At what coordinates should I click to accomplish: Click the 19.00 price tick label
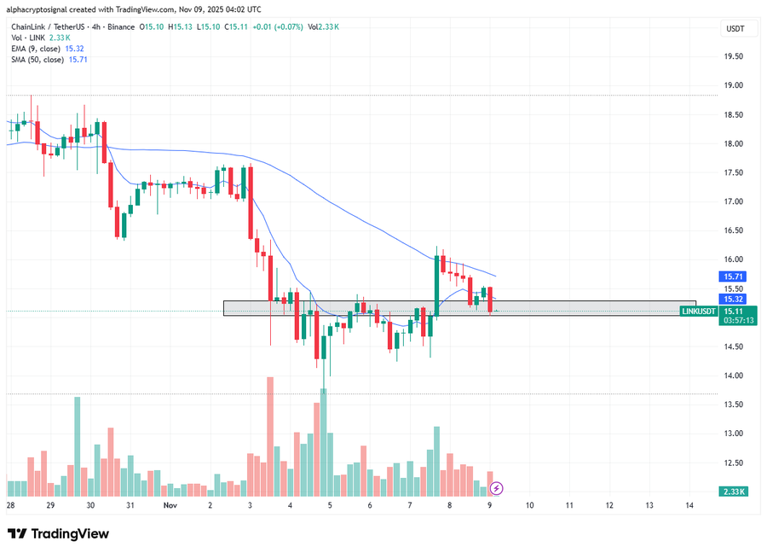pyautogui.click(x=733, y=85)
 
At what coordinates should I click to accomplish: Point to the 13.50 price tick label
pyautogui.click(x=733, y=405)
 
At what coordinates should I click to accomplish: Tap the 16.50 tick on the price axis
pyautogui.click(x=733, y=230)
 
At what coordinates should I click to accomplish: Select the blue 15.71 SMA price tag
pyautogui.click(x=733, y=277)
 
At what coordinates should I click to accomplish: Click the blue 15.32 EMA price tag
pyautogui.click(x=733, y=300)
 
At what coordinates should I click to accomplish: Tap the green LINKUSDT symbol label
pyautogui.click(x=699, y=311)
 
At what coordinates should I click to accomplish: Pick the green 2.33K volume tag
pyautogui.click(x=733, y=492)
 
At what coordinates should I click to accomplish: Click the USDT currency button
pyautogui.click(x=734, y=29)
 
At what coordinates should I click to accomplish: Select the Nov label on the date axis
pyautogui.click(x=170, y=505)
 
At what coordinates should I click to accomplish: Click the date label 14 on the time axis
pyautogui.click(x=689, y=505)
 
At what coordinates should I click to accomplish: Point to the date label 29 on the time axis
pyautogui.click(x=50, y=505)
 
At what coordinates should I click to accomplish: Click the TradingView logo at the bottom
pyautogui.click(x=59, y=533)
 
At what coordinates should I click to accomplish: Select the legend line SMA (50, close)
pyautogui.click(x=49, y=60)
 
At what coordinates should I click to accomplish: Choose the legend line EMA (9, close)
pyautogui.click(x=49, y=49)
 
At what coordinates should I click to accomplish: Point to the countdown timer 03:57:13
pyautogui.click(x=733, y=321)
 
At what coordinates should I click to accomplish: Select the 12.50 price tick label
pyautogui.click(x=733, y=463)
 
